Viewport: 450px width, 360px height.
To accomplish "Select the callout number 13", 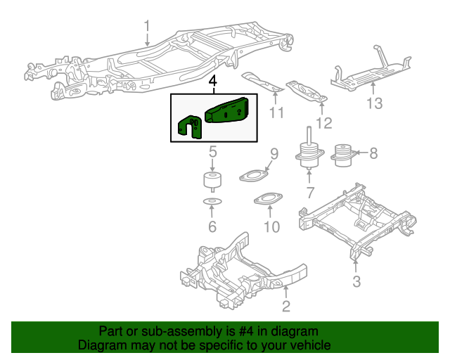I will [x=374, y=104].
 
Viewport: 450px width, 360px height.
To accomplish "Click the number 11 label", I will [x=276, y=112].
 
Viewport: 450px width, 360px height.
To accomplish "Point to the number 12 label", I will [x=323, y=124].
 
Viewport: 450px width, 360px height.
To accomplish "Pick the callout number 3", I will [x=356, y=282].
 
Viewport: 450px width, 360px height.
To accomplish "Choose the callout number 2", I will [x=285, y=305].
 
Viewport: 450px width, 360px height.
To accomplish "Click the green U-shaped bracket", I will [x=188, y=127].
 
